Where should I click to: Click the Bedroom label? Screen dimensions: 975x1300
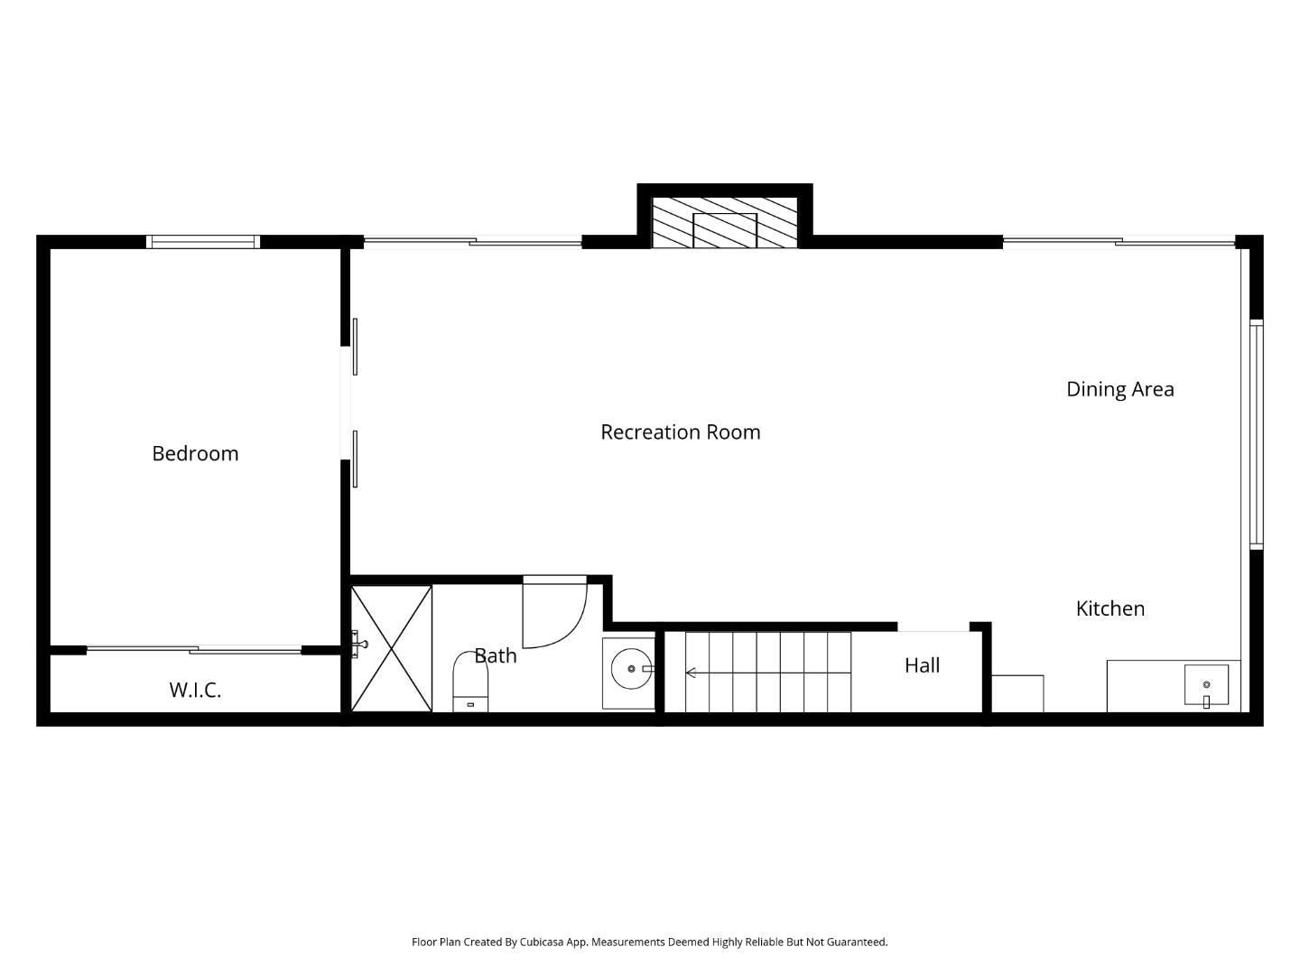195,453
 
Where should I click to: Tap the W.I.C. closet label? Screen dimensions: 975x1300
195,690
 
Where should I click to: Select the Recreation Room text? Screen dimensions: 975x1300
680,432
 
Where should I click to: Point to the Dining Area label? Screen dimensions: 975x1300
1119,389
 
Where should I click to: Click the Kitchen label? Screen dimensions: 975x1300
1110,608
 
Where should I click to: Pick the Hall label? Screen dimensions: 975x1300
922,665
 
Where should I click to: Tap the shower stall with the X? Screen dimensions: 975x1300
392,648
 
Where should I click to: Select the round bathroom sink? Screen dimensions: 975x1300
630,669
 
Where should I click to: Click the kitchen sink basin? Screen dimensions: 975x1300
1206,685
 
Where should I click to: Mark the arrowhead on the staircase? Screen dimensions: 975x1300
691,673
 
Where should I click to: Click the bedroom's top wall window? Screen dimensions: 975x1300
202,241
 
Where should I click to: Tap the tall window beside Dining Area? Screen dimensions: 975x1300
1256,433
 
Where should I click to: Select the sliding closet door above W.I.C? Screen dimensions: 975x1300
194,649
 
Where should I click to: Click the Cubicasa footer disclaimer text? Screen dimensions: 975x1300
649,942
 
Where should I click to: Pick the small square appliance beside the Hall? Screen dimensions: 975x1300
1017,693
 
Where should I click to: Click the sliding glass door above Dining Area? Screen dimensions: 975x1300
1118,241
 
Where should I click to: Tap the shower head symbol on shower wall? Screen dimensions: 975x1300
359,644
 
